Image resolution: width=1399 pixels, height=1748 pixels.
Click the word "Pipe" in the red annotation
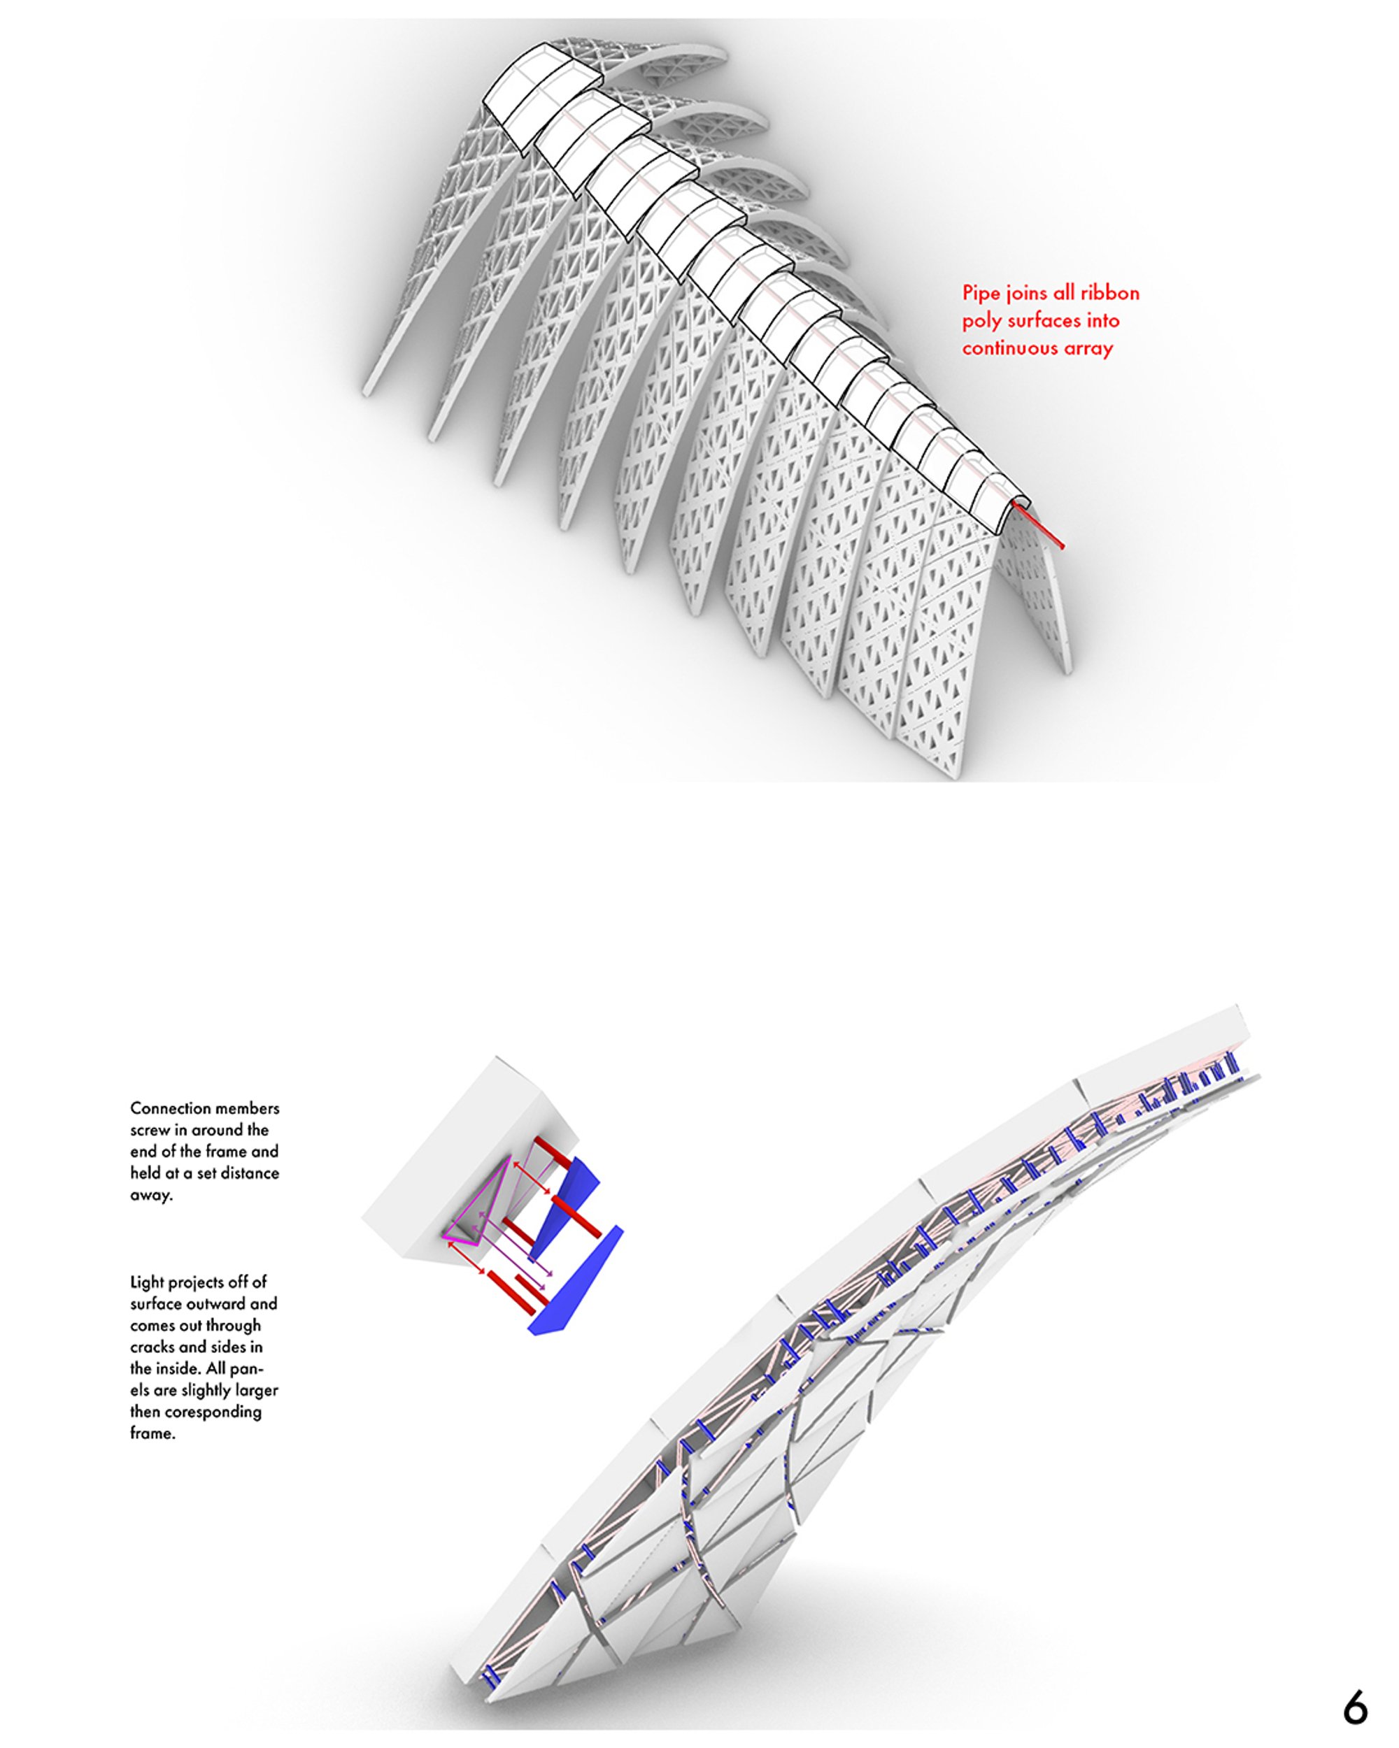[x=980, y=294]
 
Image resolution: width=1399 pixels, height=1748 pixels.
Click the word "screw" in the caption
[x=149, y=1130]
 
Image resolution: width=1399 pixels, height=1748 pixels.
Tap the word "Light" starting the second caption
[x=147, y=1282]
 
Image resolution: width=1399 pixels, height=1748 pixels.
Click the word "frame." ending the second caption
[x=152, y=1433]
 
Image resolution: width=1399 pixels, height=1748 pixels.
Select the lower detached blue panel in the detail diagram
[x=574, y=1281]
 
